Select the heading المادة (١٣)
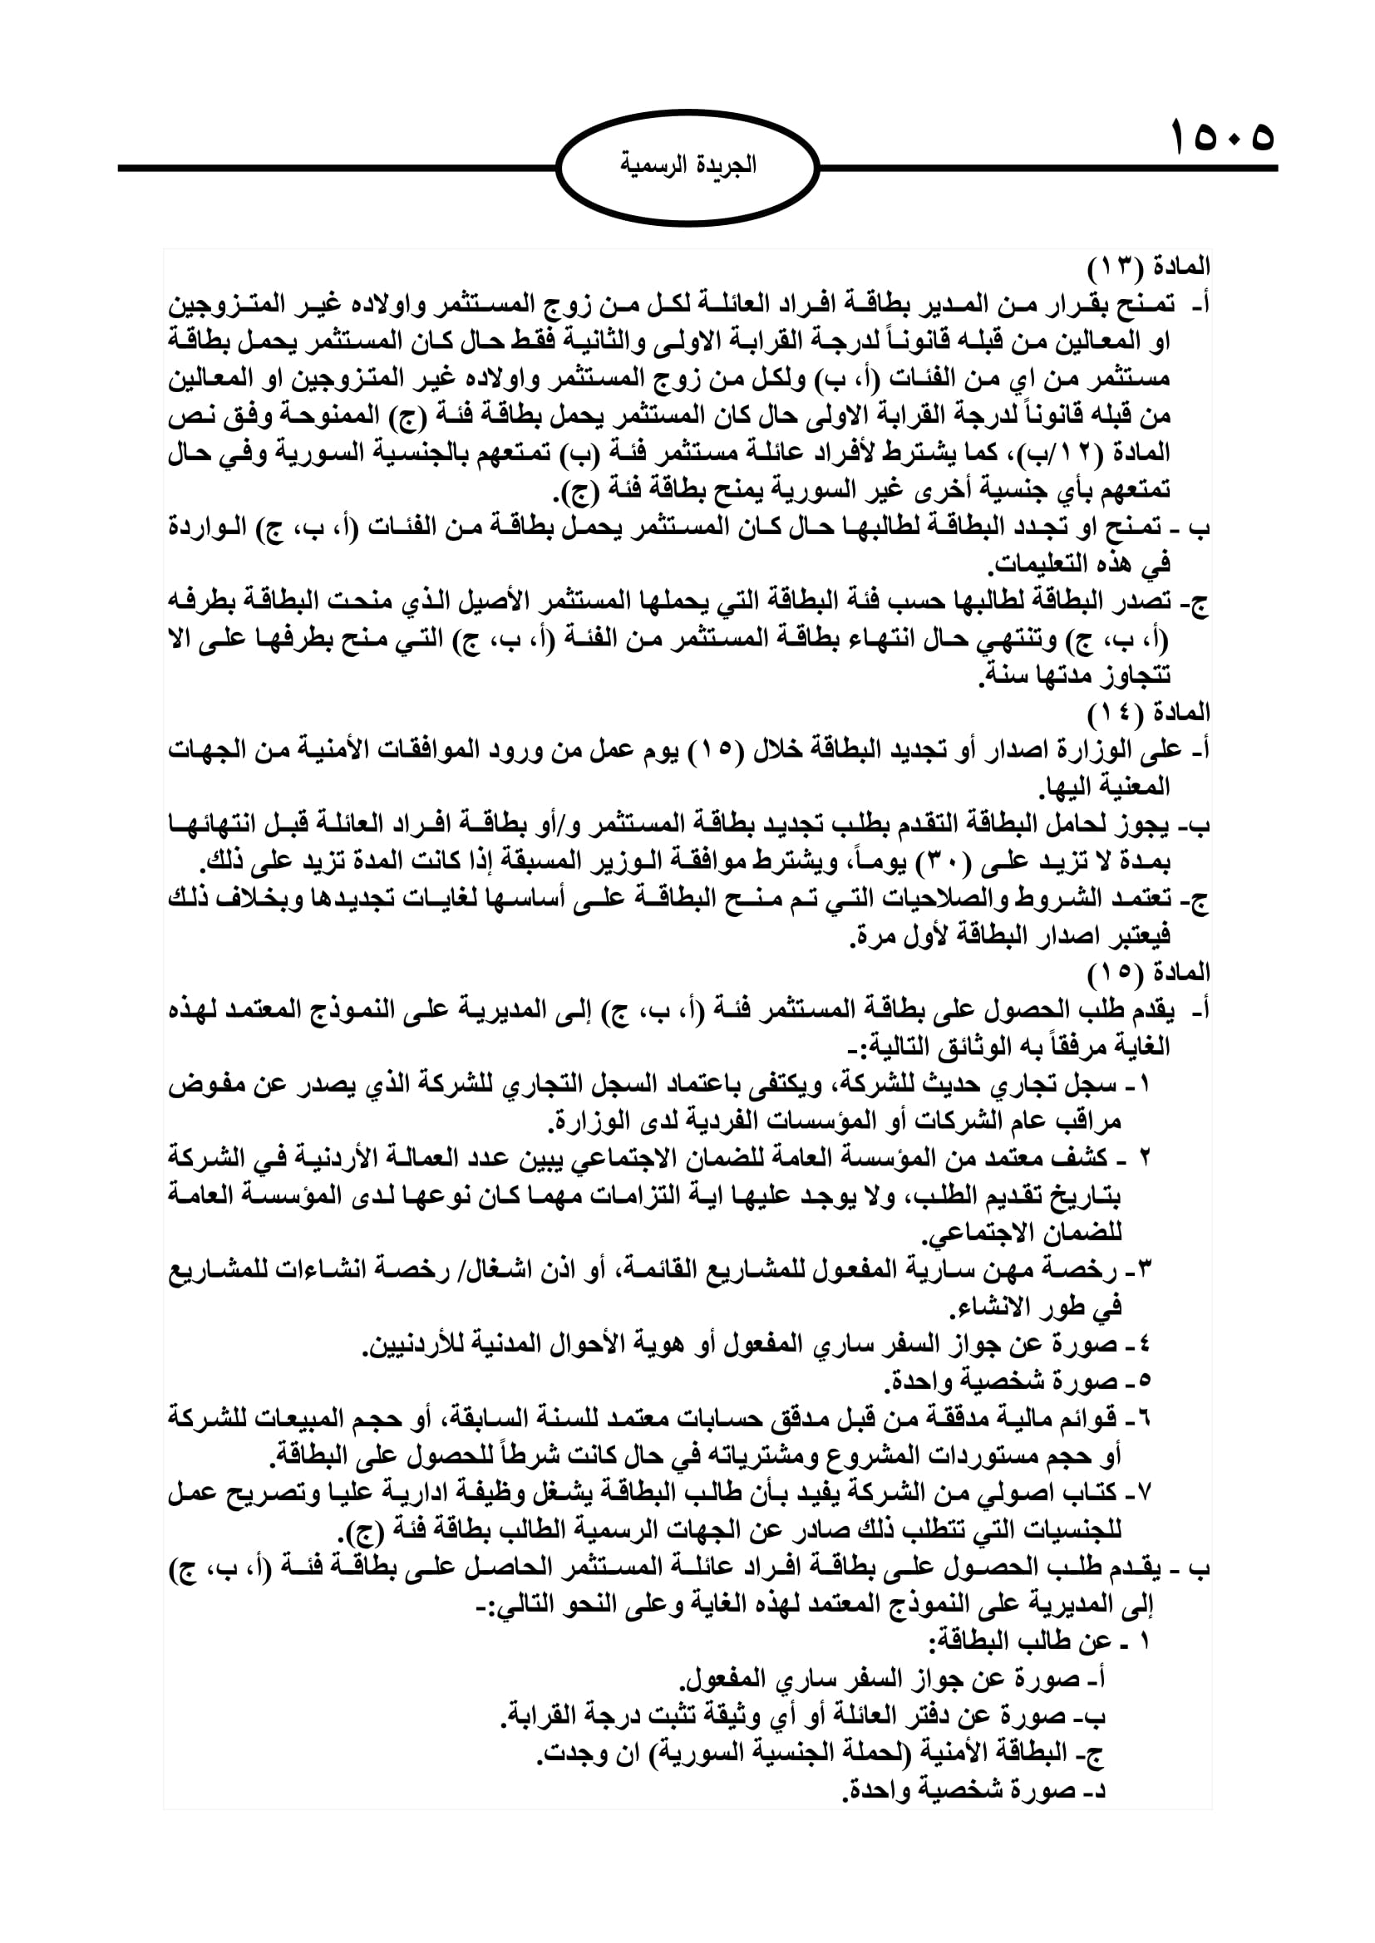[1148, 267]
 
